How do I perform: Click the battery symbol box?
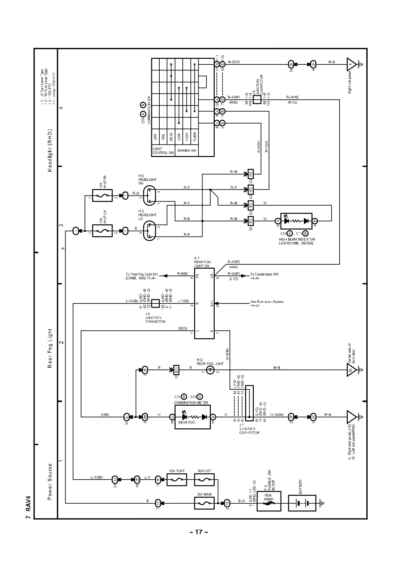(302, 503)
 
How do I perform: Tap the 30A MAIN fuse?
(204, 503)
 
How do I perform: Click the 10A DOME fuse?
(177, 480)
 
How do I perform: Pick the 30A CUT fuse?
(204, 480)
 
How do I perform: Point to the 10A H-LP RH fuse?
(102, 195)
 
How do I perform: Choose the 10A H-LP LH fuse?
(102, 231)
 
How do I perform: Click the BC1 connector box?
(176, 370)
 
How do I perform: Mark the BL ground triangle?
(351, 370)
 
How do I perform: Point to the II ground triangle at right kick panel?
(351, 64)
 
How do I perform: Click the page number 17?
(199, 532)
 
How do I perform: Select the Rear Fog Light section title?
(50, 348)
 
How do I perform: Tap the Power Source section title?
(50, 482)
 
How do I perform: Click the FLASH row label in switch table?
(194, 137)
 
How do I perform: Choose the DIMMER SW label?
(187, 151)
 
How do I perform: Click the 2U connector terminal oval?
(115, 480)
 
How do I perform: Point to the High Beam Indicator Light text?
(297, 241)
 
